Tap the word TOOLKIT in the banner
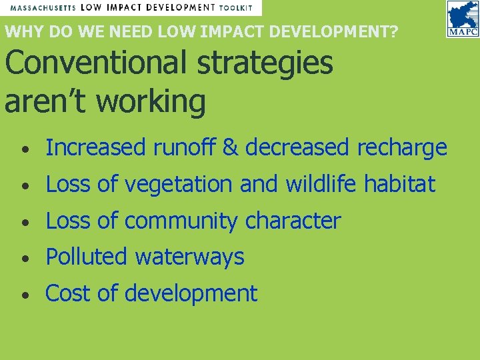[237, 7]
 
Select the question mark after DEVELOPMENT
[394, 31]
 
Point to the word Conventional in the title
[93, 63]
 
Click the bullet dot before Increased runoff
[25, 149]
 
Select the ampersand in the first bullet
[231, 148]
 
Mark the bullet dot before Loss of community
[25, 221]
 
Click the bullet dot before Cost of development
[25, 294]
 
